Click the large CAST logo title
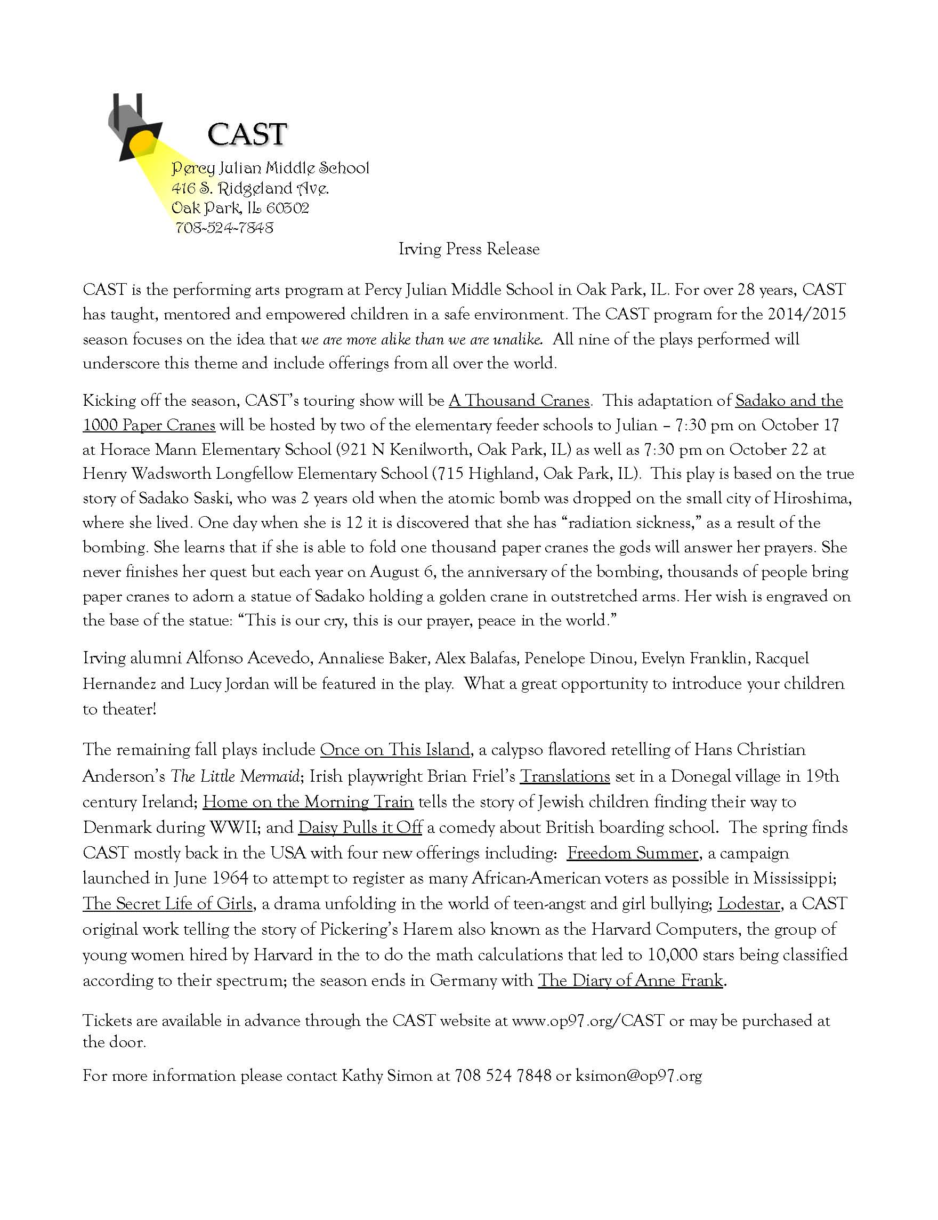[247, 134]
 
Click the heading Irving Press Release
[469, 249]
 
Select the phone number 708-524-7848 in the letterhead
[224, 228]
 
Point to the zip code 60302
[288, 208]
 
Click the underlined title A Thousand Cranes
[519, 400]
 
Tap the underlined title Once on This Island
[395, 750]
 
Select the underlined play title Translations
[564, 776]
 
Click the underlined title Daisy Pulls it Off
[360, 828]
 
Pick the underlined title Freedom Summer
[633, 854]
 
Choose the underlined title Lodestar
[749, 904]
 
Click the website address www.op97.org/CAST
[588, 1021]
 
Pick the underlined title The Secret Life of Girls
[168, 904]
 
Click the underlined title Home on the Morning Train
[308, 802]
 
